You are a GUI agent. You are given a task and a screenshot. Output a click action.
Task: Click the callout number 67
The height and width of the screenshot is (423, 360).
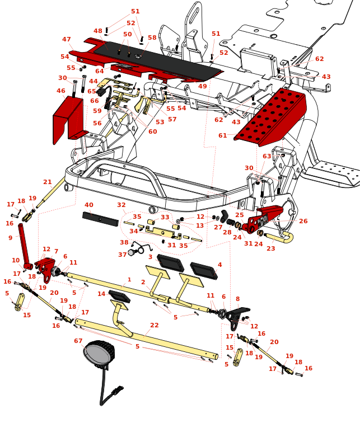coord(78,341)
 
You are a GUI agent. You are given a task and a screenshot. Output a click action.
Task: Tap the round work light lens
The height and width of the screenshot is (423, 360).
coord(97,354)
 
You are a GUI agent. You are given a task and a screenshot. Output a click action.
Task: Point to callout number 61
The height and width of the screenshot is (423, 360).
coord(223,135)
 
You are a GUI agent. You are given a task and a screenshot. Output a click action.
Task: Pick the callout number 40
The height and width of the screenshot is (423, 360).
coord(89,205)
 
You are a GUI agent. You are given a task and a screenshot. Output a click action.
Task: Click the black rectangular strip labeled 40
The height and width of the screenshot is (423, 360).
coord(100,219)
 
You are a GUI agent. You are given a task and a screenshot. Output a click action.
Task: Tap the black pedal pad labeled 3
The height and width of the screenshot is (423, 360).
coord(170,263)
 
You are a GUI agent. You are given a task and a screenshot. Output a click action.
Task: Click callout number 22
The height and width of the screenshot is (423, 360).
coord(155,325)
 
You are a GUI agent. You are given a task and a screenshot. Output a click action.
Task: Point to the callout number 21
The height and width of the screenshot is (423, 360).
coord(48,182)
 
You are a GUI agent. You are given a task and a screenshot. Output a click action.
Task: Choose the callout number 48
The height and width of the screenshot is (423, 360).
coord(98,31)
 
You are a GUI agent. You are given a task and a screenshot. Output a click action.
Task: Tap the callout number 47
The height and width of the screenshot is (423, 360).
coord(67,40)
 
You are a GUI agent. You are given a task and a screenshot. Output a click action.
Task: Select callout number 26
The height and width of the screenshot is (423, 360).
coord(303,221)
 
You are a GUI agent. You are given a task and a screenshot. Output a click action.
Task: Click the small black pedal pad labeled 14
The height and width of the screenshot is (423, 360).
coord(119,296)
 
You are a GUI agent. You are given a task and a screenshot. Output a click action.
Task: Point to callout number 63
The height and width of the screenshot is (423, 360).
coord(267,157)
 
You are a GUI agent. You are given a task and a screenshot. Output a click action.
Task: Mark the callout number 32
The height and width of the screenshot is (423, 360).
coord(121,205)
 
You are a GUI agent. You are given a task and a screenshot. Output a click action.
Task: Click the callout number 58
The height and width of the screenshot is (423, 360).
coord(152,38)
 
